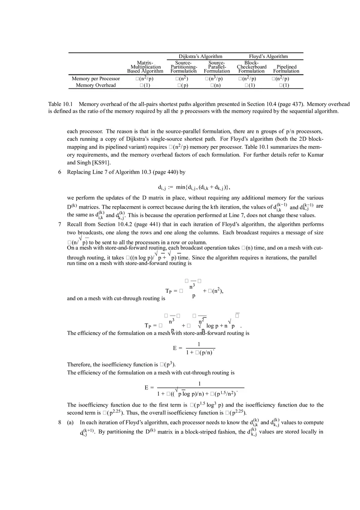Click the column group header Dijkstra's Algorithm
point(200,56)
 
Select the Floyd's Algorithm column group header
point(268,56)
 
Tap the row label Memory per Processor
point(96,79)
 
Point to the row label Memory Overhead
point(96,85)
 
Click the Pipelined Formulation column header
point(286,67)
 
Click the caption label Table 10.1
point(60,105)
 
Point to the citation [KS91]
point(101,163)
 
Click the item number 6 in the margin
point(60,172)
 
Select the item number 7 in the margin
point(60,225)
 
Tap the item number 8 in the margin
point(60,422)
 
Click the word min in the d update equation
point(180,187)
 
